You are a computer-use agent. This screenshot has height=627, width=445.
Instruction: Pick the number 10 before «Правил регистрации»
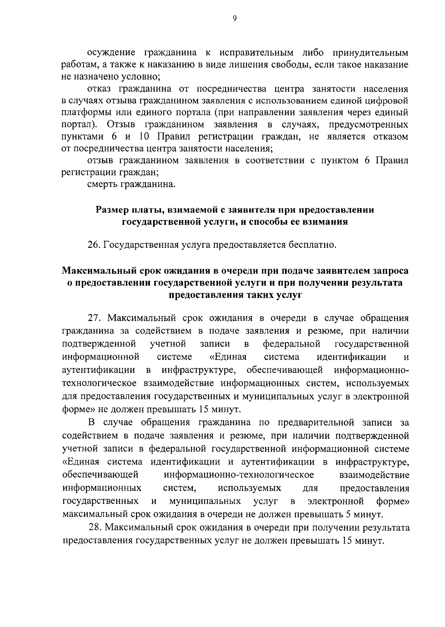(x=144, y=137)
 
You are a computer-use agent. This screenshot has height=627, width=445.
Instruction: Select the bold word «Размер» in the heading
(x=112, y=210)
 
